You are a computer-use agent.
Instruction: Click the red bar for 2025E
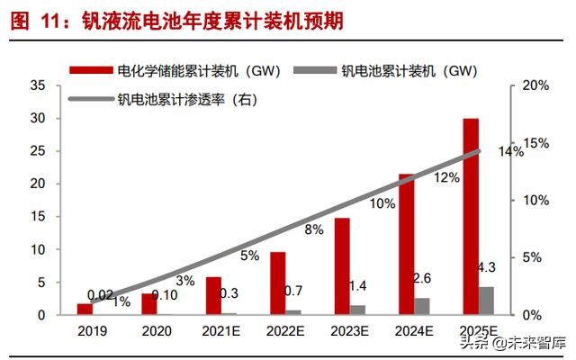(471, 216)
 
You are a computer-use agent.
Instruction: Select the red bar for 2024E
(406, 244)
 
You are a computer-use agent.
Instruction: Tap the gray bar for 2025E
(486, 301)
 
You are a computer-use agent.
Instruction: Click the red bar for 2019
(84, 309)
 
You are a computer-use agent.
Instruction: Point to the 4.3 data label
(486, 267)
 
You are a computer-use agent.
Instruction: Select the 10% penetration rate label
(382, 204)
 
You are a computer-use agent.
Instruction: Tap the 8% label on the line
(314, 229)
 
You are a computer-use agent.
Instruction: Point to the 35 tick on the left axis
(38, 85)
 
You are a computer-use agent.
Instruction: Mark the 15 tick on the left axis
(38, 217)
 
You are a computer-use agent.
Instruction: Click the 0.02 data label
(101, 293)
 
